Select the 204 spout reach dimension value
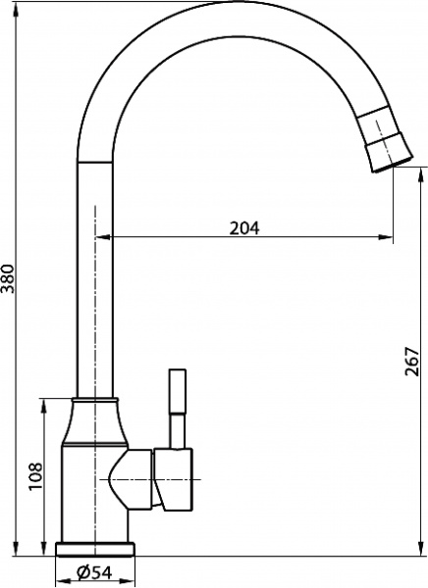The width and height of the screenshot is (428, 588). tap(243, 227)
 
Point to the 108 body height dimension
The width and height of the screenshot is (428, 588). tap(36, 475)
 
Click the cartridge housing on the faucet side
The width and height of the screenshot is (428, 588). tap(174, 480)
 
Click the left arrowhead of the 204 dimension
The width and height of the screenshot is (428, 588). tap(100, 236)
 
